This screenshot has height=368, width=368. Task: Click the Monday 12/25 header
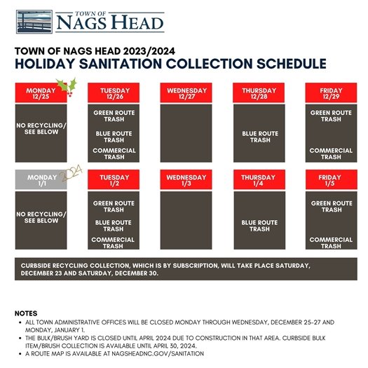(40, 93)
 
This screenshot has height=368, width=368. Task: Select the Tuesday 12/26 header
(114, 93)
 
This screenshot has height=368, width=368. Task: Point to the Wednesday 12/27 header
(186, 93)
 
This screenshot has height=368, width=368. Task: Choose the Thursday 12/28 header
(259, 93)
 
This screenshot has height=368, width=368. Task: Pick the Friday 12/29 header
(331, 93)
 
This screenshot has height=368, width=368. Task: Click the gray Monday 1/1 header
(40, 180)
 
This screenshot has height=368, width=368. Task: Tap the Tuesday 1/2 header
(114, 180)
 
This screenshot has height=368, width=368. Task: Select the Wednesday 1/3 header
(186, 180)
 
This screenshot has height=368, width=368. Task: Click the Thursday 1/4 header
(259, 180)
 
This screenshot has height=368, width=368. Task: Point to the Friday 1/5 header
(331, 180)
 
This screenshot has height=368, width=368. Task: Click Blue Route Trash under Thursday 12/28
(259, 137)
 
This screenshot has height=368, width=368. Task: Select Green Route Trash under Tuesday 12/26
(114, 116)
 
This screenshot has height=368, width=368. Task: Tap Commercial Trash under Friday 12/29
(331, 154)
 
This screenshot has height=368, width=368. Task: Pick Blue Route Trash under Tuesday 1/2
(114, 225)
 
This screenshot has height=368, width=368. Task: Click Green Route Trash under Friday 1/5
(331, 206)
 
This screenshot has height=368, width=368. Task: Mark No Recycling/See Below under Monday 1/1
(41, 217)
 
